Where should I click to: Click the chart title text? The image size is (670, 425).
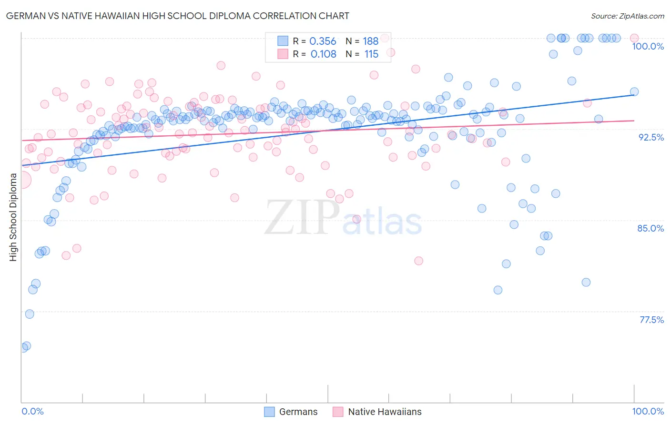(x=178, y=16)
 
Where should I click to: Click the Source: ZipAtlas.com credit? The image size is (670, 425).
(x=627, y=16)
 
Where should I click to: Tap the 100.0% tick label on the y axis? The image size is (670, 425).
(x=648, y=46)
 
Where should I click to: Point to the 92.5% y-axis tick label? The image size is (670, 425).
(x=651, y=137)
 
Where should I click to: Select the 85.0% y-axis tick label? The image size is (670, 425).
(x=650, y=228)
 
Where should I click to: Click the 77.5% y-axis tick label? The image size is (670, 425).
(x=651, y=320)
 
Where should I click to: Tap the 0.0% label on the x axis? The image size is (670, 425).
(x=32, y=411)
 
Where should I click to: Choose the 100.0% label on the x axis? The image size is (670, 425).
(x=648, y=411)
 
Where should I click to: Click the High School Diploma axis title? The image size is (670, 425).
(x=13, y=217)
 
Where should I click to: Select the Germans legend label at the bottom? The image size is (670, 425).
(x=298, y=412)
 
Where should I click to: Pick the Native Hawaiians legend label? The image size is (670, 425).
(x=385, y=412)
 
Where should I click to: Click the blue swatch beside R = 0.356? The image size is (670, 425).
(x=283, y=41)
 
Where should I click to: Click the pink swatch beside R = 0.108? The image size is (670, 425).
(x=283, y=54)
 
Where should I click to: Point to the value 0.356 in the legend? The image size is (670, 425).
(x=323, y=41)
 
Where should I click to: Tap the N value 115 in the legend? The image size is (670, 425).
(x=371, y=54)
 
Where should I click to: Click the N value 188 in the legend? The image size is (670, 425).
(x=370, y=41)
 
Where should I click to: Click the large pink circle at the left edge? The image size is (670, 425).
(x=22, y=180)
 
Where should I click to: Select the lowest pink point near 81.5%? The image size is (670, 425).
(x=418, y=261)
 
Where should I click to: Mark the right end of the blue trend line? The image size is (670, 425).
(x=634, y=95)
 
